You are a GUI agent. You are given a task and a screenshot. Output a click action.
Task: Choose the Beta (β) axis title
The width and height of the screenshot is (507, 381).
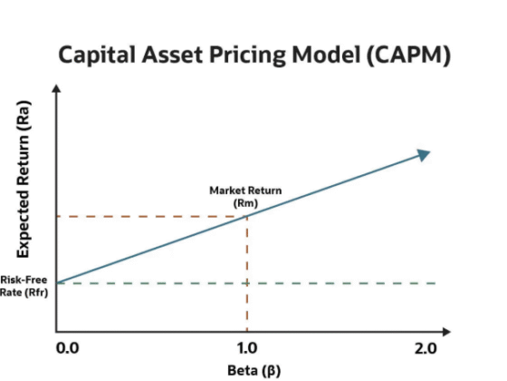[x=245, y=370]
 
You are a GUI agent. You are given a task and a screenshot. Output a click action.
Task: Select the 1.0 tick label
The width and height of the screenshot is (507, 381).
[x=247, y=348]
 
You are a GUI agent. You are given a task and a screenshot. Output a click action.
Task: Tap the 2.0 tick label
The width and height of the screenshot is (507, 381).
[x=426, y=348]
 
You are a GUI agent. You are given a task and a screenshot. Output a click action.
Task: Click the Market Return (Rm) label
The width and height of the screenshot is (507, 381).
[x=245, y=197]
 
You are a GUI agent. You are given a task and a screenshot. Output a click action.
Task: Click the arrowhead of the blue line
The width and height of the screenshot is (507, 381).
[x=423, y=154]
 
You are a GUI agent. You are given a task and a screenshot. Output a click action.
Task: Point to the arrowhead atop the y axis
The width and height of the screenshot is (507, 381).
[x=57, y=89]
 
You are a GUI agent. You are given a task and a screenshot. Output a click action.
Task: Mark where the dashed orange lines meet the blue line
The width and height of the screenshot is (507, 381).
[x=247, y=216]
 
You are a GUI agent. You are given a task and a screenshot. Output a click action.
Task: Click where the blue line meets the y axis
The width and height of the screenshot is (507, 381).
[x=57, y=282]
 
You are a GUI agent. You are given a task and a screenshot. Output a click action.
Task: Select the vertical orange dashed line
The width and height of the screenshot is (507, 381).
[x=247, y=272]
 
